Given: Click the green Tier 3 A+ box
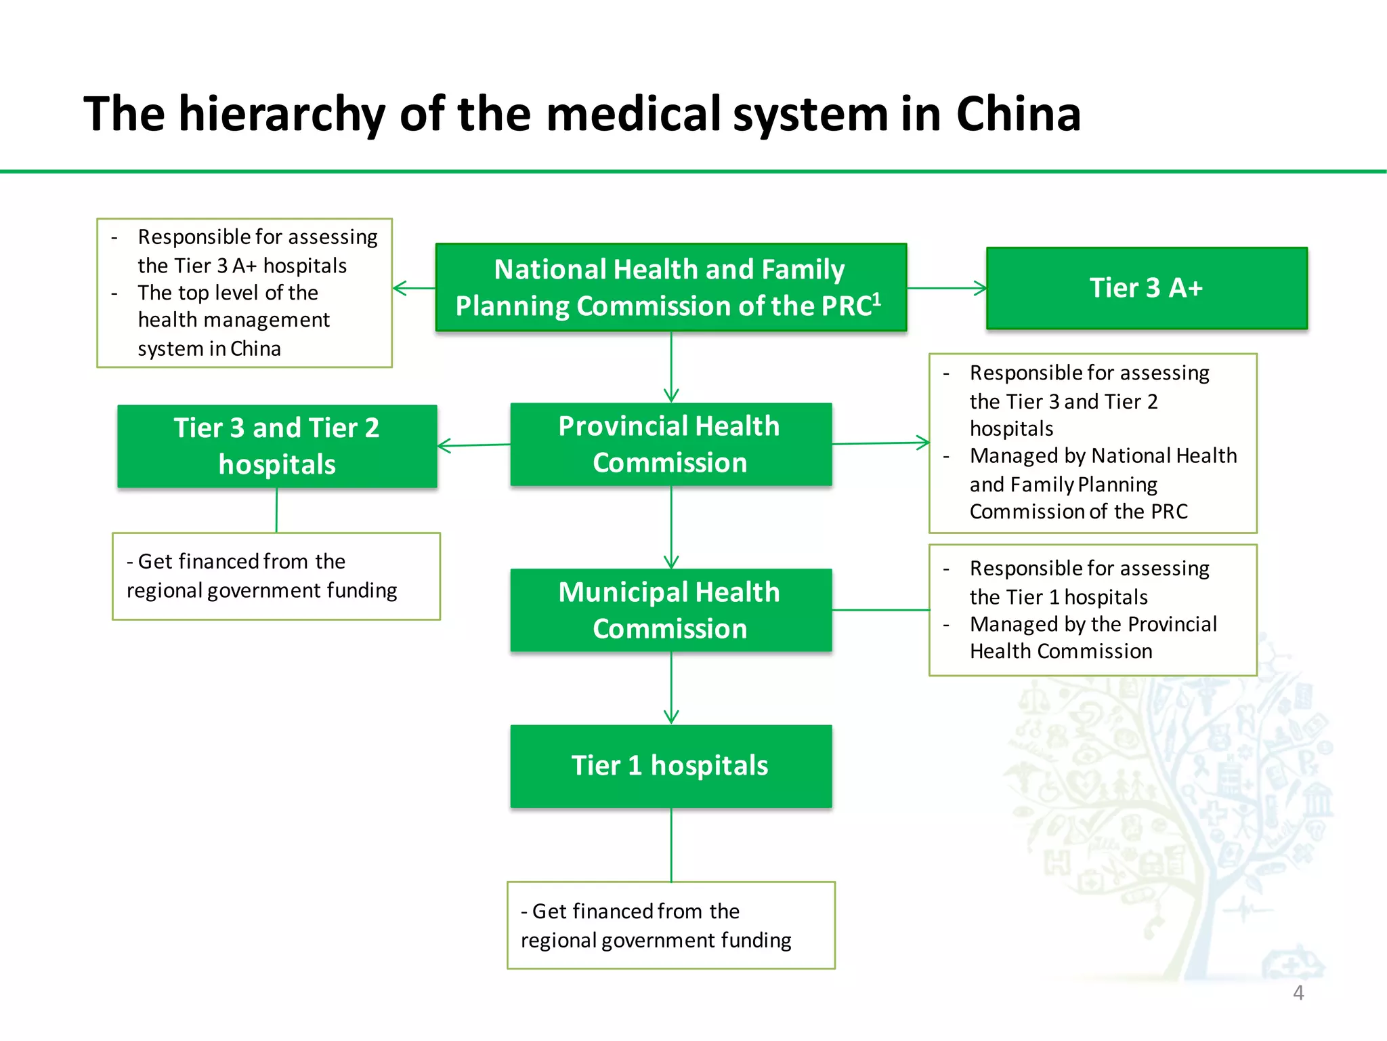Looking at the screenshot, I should click(1147, 288).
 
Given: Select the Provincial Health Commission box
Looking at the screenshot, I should click(670, 445).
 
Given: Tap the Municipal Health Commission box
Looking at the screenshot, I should click(670, 610).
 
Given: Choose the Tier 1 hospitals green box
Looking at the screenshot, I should click(670, 766).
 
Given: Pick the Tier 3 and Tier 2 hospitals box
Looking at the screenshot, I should click(277, 446).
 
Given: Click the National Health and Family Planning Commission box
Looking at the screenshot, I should click(670, 287).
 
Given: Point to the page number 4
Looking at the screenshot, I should click(1298, 993).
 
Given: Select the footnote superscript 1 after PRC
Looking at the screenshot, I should click(876, 299).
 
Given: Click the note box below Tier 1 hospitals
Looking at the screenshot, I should click(670, 925).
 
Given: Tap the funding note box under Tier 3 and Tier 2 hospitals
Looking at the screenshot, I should click(276, 576).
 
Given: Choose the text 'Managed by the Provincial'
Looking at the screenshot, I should click(1093, 624).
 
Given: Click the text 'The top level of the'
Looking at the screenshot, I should click(228, 293).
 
